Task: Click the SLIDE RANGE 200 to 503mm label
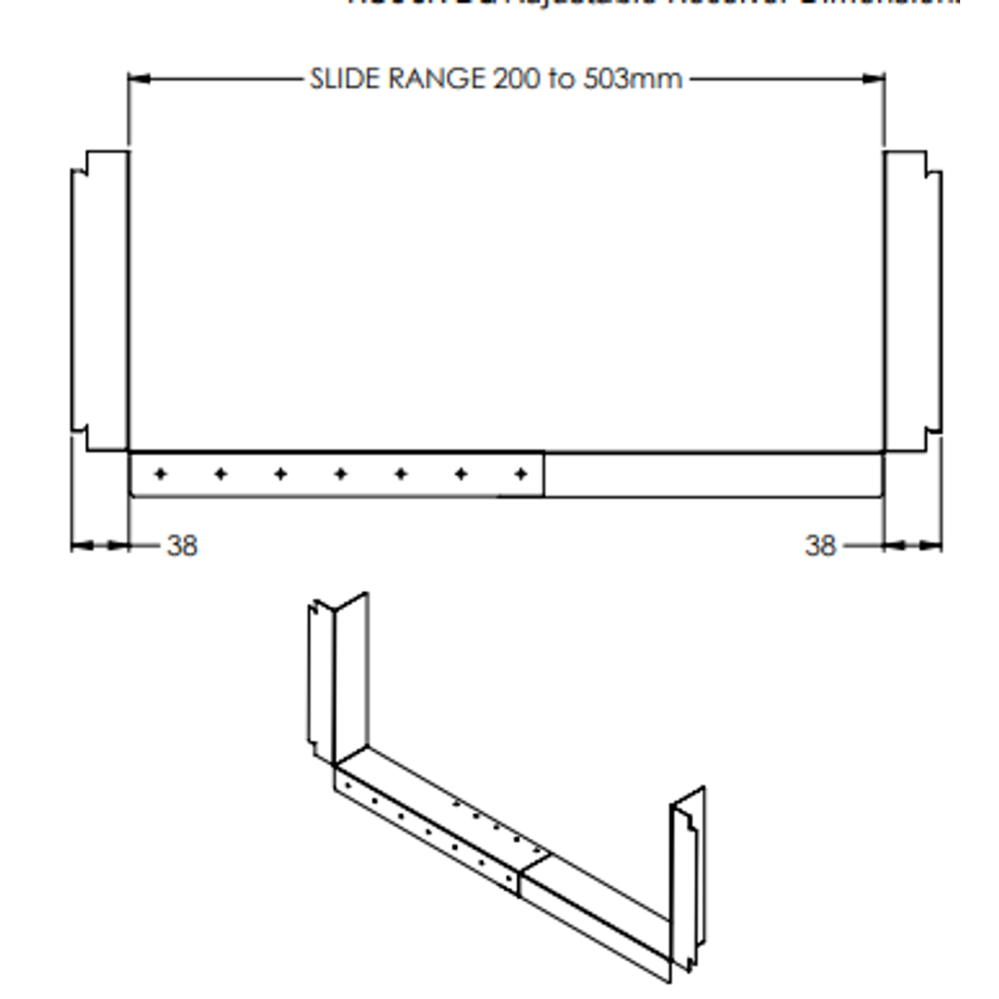[497, 79]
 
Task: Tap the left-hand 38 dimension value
[182, 546]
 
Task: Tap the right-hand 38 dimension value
[820, 546]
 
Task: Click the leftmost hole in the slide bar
[161, 475]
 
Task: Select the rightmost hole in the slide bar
[521, 475]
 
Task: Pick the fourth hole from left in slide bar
[340, 475]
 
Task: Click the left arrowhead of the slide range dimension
[137, 79]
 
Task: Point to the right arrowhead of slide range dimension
[875, 79]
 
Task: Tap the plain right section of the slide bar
[712, 475]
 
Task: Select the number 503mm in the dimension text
[633, 79]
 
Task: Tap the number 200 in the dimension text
[518, 79]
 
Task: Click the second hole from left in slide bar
[221, 475]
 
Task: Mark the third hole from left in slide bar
[280, 475]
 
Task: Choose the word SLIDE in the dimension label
[345, 79]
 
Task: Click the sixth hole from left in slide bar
[461, 475]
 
